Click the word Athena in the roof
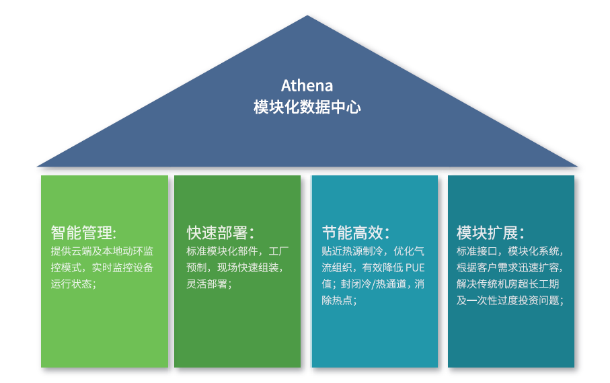tap(307, 85)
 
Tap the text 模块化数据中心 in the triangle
tap(307, 107)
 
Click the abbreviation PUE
tap(415, 267)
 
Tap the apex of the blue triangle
tap(307, 15)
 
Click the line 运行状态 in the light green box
tap(73, 284)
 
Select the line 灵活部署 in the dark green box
tap(209, 284)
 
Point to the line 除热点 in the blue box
tap(339, 300)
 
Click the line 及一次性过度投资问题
tap(510, 300)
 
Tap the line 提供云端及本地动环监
tap(102, 251)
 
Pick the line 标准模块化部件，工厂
tap(237, 251)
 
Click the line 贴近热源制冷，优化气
tap(373, 251)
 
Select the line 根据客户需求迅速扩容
tap(510, 267)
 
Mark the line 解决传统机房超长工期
tap(508, 284)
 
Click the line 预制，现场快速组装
tap(235, 267)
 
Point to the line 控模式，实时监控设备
tap(102, 267)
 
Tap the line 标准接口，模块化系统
tap(510, 251)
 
